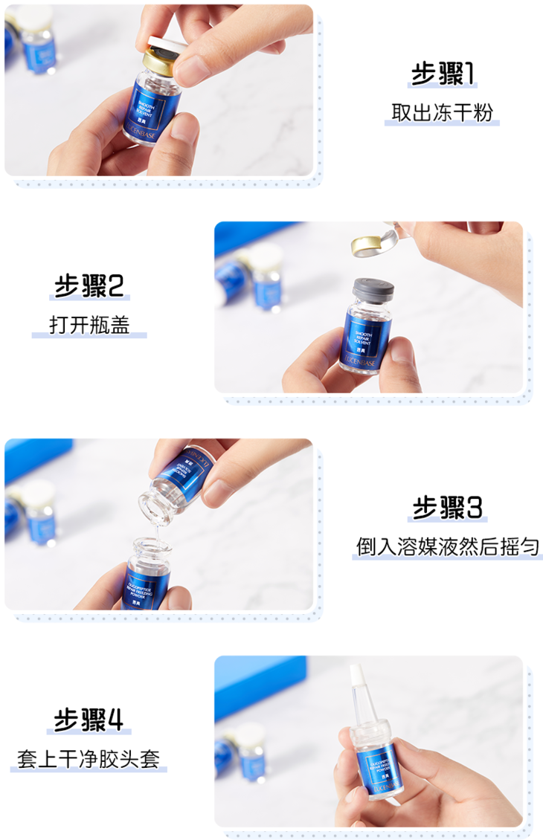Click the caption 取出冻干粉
[442, 112]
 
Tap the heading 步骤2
[89, 286]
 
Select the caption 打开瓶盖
[89, 325]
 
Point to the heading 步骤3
[447, 508]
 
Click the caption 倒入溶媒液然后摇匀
[447, 547]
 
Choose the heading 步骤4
[89, 720]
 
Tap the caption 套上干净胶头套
[89, 759]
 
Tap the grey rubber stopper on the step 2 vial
[375, 288]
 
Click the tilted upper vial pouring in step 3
[179, 476]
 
